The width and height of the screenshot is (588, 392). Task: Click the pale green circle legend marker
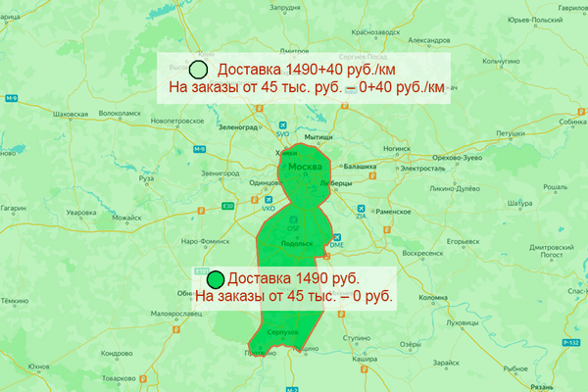[197, 70]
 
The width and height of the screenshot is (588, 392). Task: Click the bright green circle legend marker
[215, 279]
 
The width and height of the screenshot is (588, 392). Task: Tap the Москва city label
[306, 170]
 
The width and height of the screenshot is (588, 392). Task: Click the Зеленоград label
[243, 126]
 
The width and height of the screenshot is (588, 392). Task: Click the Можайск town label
[126, 216]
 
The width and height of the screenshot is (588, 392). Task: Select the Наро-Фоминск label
[201, 240]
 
